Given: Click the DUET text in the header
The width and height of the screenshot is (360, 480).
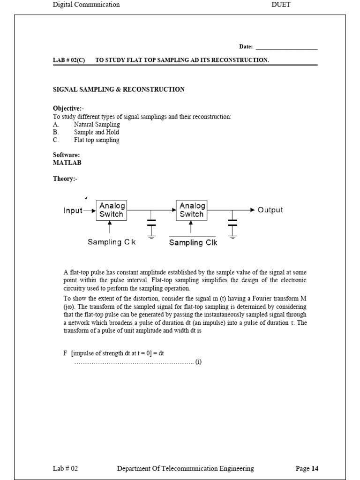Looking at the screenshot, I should (x=281, y=5).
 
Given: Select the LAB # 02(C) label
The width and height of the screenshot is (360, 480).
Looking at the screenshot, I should (x=69, y=60).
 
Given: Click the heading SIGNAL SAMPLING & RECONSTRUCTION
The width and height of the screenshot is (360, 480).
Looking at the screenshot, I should (x=119, y=90).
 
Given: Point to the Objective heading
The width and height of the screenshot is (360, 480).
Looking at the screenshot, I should (x=68, y=109).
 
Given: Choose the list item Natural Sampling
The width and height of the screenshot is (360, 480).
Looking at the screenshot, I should (x=97, y=125).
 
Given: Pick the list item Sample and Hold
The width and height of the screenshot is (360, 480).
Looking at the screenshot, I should (x=96, y=132).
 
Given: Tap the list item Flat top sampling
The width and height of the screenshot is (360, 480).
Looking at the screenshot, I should (x=96, y=140).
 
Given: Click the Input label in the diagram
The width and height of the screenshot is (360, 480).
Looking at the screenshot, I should (x=73, y=211).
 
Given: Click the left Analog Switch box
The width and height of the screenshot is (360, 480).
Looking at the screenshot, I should (x=111, y=210).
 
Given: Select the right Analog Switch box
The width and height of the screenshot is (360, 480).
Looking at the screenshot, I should (x=191, y=210).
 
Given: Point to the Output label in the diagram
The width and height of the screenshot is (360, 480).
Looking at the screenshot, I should (x=270, y=210).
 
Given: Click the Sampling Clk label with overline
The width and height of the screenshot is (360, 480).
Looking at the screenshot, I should (x=193, y=242).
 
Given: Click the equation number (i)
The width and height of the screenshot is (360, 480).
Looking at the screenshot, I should (x=199, y=362).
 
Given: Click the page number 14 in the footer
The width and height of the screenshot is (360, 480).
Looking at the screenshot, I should (x=315, y=468).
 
